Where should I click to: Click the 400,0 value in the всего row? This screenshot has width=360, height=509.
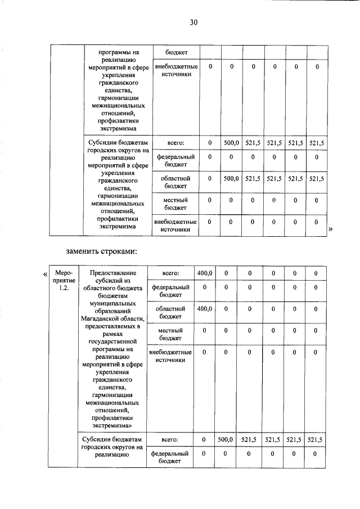point(204,273)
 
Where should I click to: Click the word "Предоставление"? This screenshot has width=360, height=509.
point(112,273)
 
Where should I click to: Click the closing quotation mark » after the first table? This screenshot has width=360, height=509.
point(330,229)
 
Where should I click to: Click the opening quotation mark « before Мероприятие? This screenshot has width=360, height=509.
point(44,274)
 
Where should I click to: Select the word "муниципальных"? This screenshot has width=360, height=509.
point(112,303)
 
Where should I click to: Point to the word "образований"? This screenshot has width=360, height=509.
point(112,311)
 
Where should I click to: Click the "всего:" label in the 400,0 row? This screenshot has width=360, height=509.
point(170,273)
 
